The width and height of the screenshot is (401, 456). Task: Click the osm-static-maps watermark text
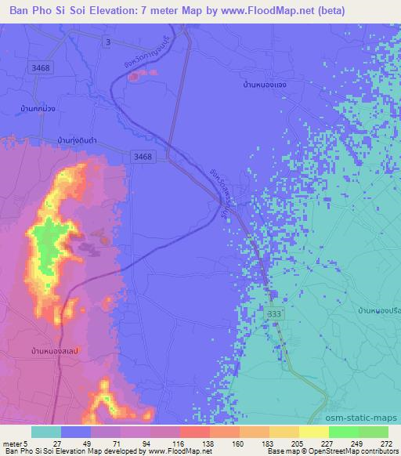(369, 418)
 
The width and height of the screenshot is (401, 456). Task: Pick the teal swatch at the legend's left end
(46, 432)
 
